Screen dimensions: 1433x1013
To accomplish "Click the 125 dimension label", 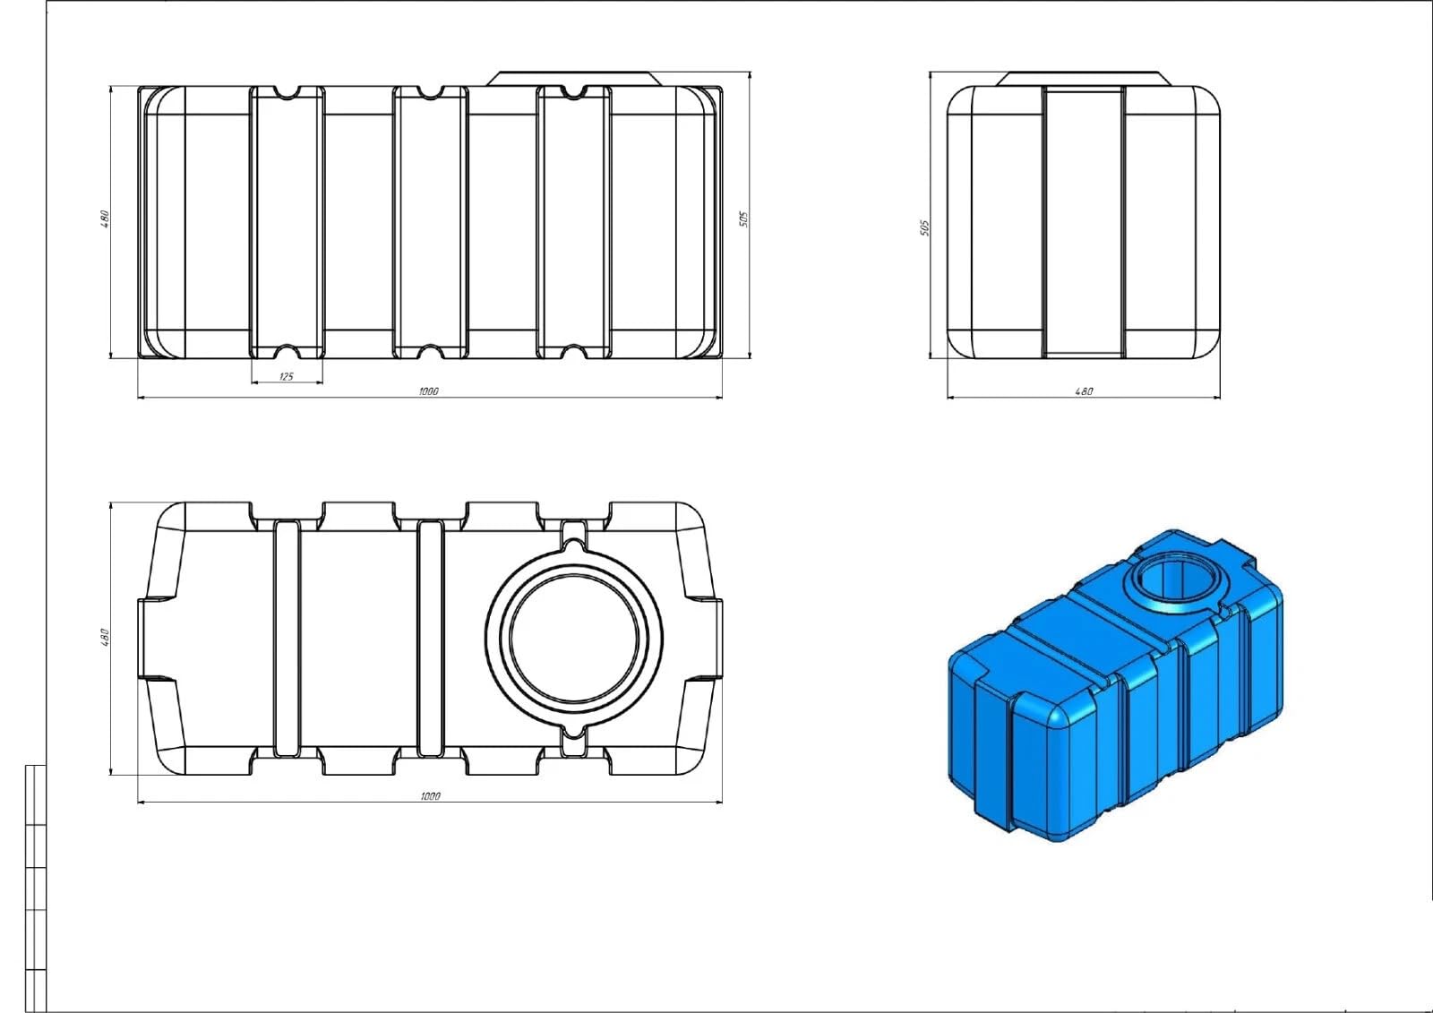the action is click(287, 376).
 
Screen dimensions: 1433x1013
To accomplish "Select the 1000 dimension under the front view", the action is click(429, 391).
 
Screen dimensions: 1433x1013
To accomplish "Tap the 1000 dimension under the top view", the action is click(431, 796).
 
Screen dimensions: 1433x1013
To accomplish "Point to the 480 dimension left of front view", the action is click(105, 219).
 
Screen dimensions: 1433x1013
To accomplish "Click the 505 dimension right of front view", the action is click(743, 219).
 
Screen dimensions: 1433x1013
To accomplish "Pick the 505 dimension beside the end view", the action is click(923, 227).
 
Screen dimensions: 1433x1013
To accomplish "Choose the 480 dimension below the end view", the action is click(1084, 391).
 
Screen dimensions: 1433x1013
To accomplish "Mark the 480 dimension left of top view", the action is click(105, 638).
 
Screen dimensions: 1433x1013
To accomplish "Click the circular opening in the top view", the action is click(574, 639).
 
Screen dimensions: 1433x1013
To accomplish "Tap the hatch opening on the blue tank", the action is click(1170, 579).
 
